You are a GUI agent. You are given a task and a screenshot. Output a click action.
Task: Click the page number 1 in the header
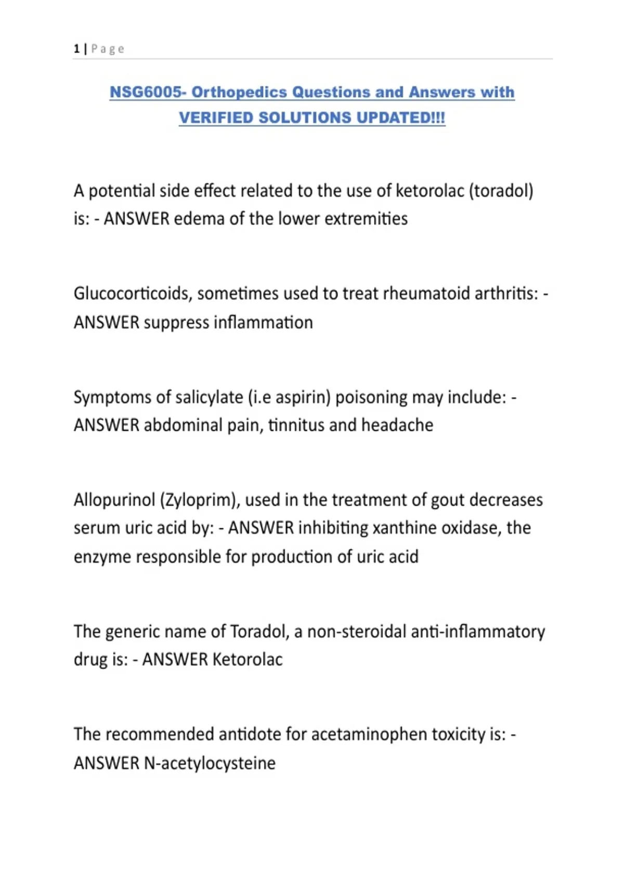tap(76, 49)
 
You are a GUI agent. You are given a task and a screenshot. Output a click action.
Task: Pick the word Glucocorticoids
tap(133, 294)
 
